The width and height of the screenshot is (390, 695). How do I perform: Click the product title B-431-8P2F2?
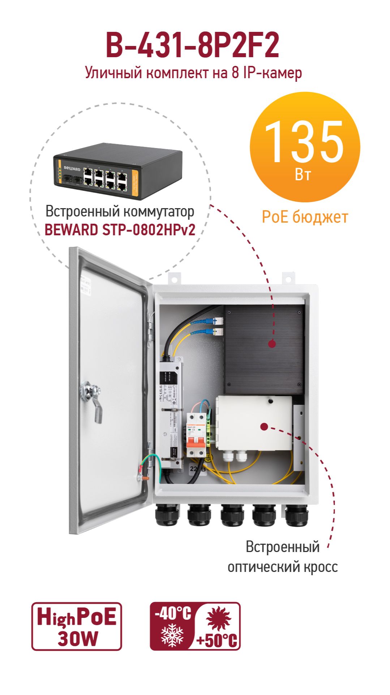click(192, 45)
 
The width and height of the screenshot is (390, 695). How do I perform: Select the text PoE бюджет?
click(305, 217)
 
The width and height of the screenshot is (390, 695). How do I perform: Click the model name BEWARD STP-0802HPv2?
click(120, 230)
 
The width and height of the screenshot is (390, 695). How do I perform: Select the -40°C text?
click(173, 614)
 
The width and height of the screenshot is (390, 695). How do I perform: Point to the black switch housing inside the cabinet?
click(263, 349)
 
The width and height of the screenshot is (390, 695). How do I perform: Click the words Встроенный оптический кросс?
click(283, 557)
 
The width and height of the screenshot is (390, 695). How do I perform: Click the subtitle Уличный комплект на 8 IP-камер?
click(193, 73)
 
